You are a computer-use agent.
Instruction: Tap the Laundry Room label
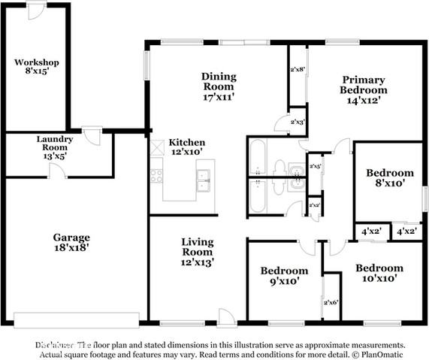point(55,144)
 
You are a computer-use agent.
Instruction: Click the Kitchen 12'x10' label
point(186,147)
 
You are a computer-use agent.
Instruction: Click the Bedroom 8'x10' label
point(389,177)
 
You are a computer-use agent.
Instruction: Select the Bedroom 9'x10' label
point(284,276)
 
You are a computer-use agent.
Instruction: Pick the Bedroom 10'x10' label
point(379,273)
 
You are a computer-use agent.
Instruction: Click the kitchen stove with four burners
point(157,175)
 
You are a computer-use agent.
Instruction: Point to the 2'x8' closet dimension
point(298,69)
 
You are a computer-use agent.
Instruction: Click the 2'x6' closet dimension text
point(331,302)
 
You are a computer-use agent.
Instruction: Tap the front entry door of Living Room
point(224,316)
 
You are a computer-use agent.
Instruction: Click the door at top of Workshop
point(35,11)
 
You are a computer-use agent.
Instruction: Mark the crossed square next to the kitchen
point(157,148)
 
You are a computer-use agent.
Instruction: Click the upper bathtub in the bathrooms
point(255,156)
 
